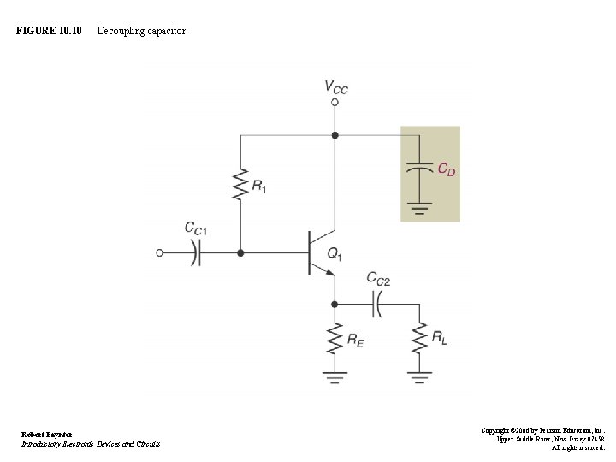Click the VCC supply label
click(335, 86)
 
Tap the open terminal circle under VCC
click(335, 102)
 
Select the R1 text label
click(258, 187)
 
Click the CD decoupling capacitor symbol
click(418, 167)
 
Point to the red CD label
click(446, 170)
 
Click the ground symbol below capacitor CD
click(418, 206)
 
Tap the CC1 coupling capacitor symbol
click(197, 253)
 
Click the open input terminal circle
click(159, 253)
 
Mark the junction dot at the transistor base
click(240, 253)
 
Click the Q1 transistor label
click(335, 253)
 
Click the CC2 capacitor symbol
click(376, 303)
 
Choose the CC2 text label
click(378, 278)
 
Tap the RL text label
click(438, 340)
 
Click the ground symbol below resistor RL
click(418, 376)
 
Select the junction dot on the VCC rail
click(335, 135)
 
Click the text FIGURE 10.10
click(49, 31)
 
